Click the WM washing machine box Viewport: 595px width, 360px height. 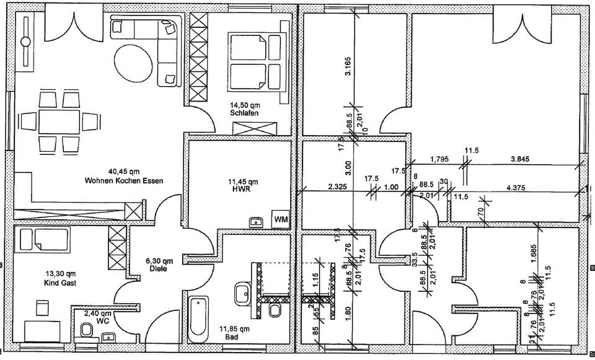pyautogui.click(x=281, y=219)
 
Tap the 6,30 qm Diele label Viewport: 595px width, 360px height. pyautogui.click(x=156, y=265)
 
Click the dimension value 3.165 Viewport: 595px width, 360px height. pyautogui.click(x=349, y=66)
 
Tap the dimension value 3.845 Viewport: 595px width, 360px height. pyautogui.click(x=519, y=159)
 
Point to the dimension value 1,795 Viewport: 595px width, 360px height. pyautogui.click(x=439, y=159)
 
